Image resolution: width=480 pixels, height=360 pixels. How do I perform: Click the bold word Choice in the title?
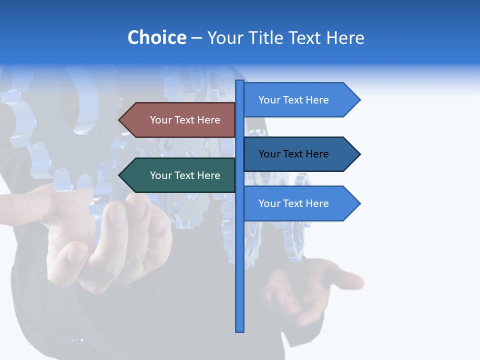pyautogui.click(x=156, y=37)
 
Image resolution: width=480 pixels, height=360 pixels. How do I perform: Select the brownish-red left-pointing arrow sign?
pyautogui.click(x=180, y=120)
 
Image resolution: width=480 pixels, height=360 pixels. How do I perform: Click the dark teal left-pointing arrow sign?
pyautogui.click(x=180, y=175)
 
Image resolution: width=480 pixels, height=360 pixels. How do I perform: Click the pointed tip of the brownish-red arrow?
pyautogui.click(x=120, y=120)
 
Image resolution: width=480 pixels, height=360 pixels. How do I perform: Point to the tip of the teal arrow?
pyautogui.click(x=120, y=175)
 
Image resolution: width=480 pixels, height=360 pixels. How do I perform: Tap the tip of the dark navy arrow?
pyautogui.click(x=359, y=154)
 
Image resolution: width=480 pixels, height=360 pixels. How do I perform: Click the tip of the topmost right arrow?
pyautogui.click(x=359, y=100)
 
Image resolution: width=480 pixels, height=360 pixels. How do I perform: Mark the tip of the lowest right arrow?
pyautogui.click(x=359, y=203)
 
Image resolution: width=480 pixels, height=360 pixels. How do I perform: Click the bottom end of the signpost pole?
pyautogui.click(x=240, y=329)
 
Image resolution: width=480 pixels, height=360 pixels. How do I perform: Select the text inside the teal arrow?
pyautogui.click(x=185, y=175)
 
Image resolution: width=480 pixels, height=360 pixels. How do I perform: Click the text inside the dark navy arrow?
pyautogui.click(x=293, y=154)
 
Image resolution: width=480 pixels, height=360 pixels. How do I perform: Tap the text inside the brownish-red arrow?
pyautogui.click(x=185, y=120)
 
